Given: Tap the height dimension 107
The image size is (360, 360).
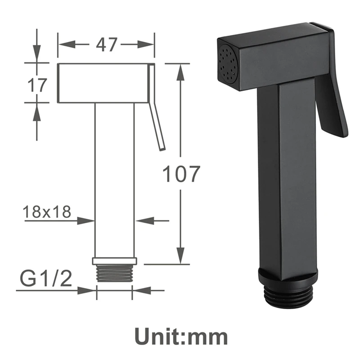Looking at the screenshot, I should pos(180,174).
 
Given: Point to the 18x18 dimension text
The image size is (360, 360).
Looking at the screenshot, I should pos(47,211).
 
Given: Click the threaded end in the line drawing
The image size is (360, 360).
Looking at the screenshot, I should pos(114,272).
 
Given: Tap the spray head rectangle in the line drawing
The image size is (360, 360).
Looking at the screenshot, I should pos(103,83).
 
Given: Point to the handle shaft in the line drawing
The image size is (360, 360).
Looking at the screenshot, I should pos(114,180).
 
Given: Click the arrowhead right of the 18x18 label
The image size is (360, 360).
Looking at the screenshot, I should pos(88,220).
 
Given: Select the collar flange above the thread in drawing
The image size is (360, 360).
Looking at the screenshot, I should pos(114,261).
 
